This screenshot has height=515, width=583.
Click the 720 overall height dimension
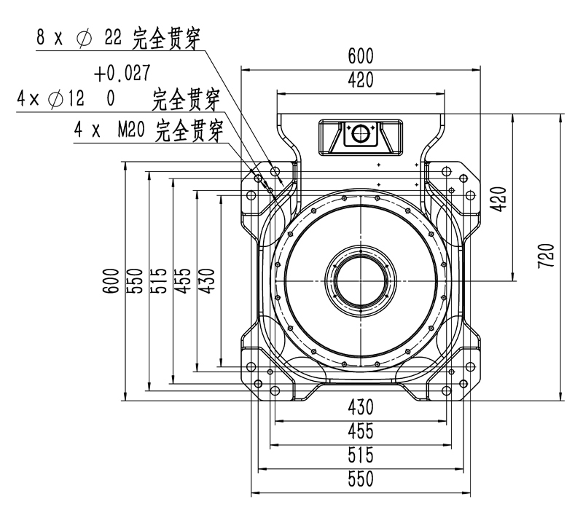pos(547,256)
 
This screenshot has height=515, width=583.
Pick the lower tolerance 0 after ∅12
pos(111,98)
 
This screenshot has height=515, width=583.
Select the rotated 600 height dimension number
pos(110,280)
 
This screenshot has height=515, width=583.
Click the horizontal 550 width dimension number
pos(360,479)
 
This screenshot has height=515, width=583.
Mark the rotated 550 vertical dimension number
pos(134,280)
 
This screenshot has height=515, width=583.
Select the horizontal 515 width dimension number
pos(360,455)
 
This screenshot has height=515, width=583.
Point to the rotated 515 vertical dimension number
pos(158,280)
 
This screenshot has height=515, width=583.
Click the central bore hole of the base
pos(360,280)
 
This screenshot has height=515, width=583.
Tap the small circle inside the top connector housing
pos(360,134)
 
